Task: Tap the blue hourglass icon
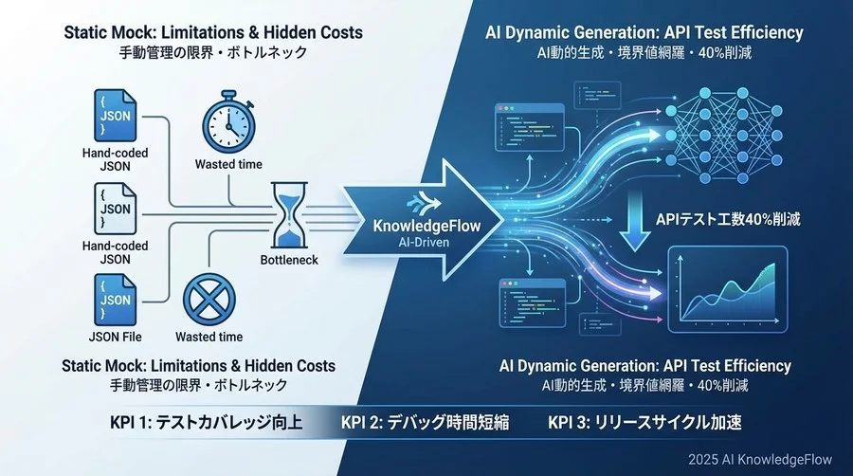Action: [x=285, y=216]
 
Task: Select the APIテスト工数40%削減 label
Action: [x=728, y=219]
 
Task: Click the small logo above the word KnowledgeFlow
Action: [x=413, y=203]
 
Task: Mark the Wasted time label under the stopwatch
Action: [x=228, y=164]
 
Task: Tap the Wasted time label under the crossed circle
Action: [x=209, y=336]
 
